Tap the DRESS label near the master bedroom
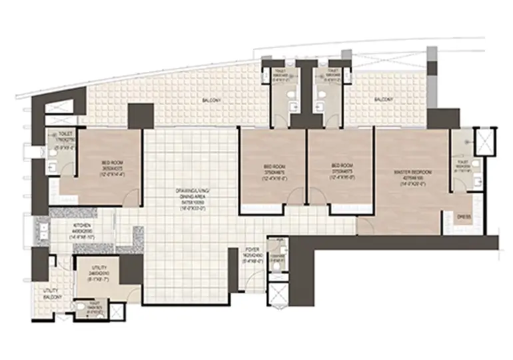coord(465,215)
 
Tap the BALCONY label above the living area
coord(212,101)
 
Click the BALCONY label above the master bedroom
coord(382,99)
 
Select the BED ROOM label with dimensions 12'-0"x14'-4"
coord(111,166)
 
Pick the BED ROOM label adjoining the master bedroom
coord(340,168)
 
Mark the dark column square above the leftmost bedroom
coord(141,116)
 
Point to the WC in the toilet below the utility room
coord(81,307)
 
